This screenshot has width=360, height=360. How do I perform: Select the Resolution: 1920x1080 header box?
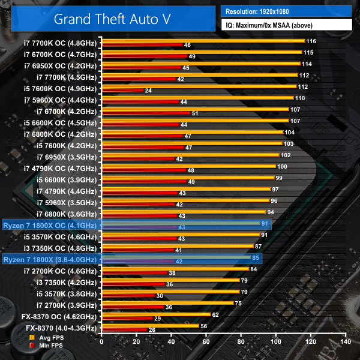click(286, 11)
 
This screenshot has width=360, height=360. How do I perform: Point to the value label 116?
click(311, 41)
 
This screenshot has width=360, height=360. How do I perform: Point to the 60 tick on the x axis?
click(206, 341)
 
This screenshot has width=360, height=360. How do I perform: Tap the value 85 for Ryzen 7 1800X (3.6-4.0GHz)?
click(255, 257)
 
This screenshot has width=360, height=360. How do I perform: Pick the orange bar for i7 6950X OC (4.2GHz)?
click(200, 64)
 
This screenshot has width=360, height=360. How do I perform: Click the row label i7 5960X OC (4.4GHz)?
click(59, 98)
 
